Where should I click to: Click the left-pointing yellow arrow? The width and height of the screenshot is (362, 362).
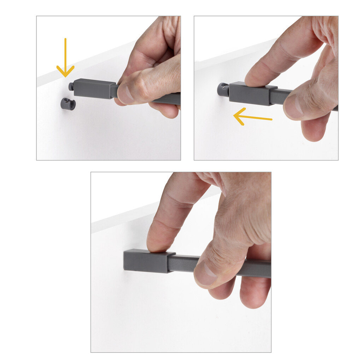(x=253, y=117)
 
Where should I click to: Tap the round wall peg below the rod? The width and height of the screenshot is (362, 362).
(x=68, y=104)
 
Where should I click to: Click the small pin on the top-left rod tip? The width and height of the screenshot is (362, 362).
(x=71, y=86)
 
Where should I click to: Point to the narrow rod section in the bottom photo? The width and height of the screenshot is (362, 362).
(x=184, y=263)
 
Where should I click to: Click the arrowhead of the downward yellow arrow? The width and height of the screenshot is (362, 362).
(x=65, y=72)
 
